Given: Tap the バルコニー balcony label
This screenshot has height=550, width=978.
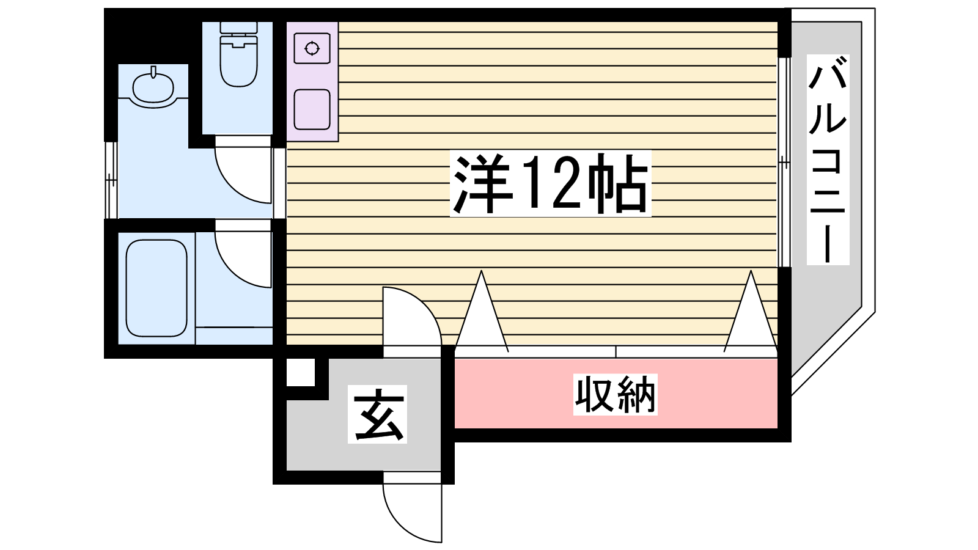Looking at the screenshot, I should [828, 159].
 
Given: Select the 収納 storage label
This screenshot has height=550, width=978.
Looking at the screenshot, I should [615, 395].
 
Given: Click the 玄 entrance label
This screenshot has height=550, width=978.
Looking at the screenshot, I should [378, 414].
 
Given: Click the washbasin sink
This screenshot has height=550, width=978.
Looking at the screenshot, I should [154, 89].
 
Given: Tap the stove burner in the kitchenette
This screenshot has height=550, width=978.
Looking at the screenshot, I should [312, 48].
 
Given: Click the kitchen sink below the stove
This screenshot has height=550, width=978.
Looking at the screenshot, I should [312, 110].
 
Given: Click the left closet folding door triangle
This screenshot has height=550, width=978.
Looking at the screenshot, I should [482, 315].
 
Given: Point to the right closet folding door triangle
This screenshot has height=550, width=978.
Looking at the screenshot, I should [751, 315].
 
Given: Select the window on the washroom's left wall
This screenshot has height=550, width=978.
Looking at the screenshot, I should [111, 180].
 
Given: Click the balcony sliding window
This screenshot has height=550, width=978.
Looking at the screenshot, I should [784, 162].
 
